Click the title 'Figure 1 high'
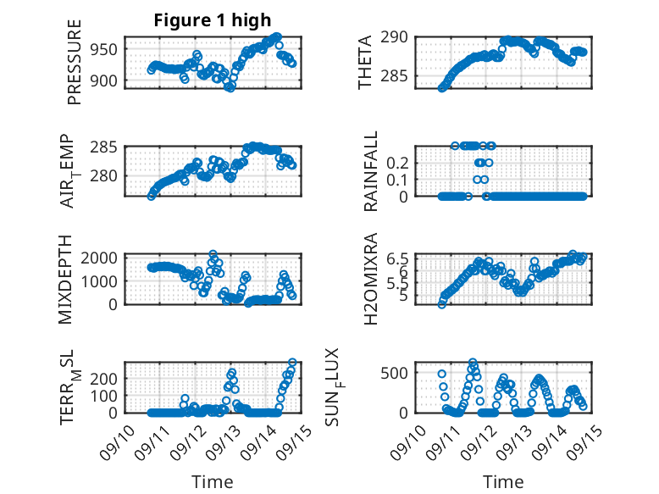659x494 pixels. click(x=213, y=20)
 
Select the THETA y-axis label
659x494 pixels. click(x=365, y=62)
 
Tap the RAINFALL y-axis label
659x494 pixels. click(x=371, y=171)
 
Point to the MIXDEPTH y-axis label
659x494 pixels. click(x=66, y=280)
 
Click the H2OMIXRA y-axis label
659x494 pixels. click(x=371, y=280)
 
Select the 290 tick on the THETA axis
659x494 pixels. click(x=400, y=37)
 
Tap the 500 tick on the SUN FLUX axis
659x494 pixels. click(x=400, y=372)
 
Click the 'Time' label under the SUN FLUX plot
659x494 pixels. click(x=503, y=482)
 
